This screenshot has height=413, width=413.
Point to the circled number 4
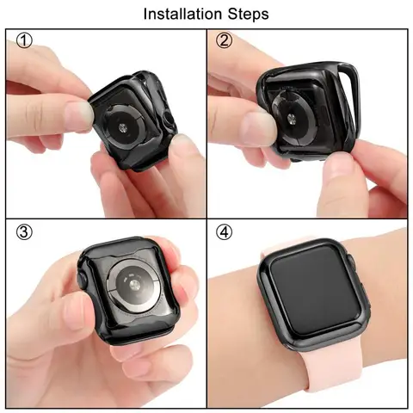225,232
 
